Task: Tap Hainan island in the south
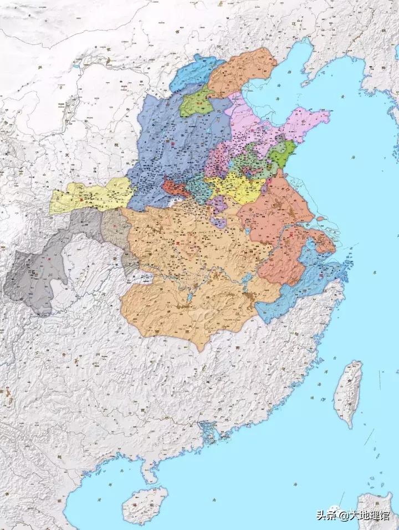[x=145, y=504]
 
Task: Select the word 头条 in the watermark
[x=326, y=516]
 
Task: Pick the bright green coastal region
[x=283, y=154]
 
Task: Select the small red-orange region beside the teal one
[x=175, y=188]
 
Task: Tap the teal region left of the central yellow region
[x=199, y=189]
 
